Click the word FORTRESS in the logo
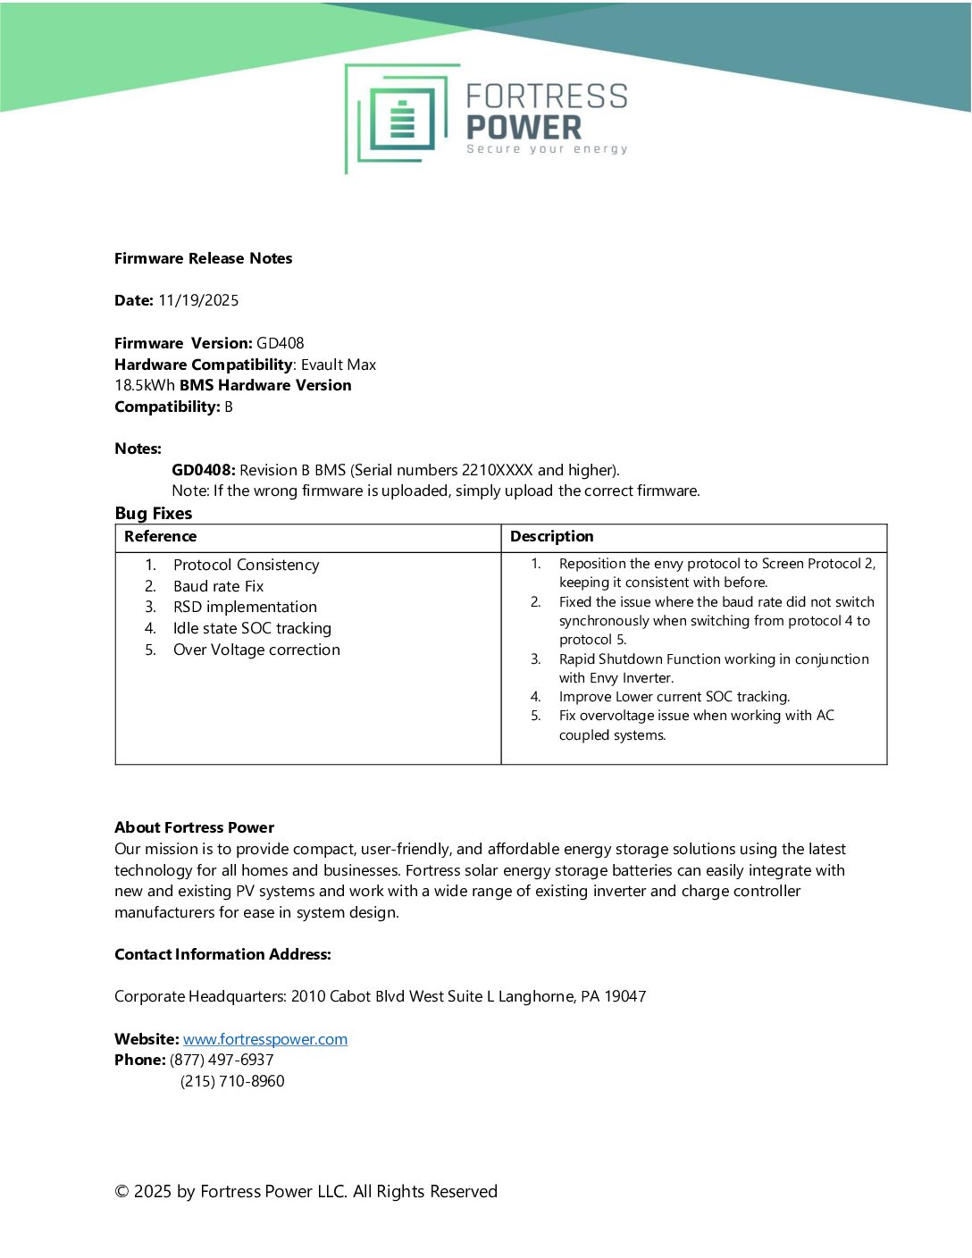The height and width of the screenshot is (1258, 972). point(547,96)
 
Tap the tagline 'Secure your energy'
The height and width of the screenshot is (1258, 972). point(547,149)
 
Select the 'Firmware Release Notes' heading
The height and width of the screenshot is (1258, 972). point(204,258)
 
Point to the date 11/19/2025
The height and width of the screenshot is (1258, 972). point(198,300)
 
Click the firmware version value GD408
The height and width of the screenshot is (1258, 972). point(281,343)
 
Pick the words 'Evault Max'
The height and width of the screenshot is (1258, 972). point(339,365)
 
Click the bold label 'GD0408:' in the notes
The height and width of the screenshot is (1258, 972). point(204,470)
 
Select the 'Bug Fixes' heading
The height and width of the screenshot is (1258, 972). point(154,514)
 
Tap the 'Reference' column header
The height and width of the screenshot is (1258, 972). point(161,536)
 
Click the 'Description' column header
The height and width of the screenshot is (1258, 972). point(552,536)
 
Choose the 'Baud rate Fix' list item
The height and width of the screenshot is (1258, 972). point(219,586)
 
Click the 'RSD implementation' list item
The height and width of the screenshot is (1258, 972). point(245,607)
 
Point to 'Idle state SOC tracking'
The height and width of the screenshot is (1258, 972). point(252,628)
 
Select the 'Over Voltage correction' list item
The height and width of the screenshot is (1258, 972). point(256,650)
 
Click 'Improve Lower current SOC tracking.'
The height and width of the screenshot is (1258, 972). point(675,697)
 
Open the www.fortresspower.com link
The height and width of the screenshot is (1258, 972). point(265,1039)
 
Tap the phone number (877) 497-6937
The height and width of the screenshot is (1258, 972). point(222,1060)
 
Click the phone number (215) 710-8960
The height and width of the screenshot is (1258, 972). point(232,1081)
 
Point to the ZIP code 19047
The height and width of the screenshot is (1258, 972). point(625,996)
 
